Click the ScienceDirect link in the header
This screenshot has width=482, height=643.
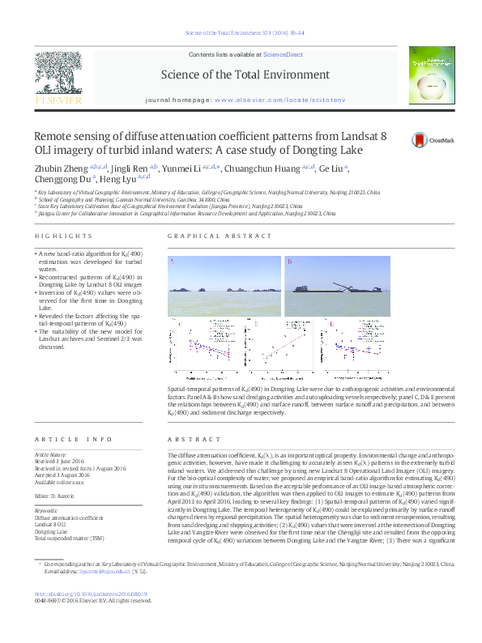[283, 53]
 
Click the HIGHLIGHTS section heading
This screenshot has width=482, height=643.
[63, 236]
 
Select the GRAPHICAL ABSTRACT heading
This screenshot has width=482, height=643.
[219, 236]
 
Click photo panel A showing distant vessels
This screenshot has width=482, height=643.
[222, 286]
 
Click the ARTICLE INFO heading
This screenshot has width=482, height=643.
[73, 439]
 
